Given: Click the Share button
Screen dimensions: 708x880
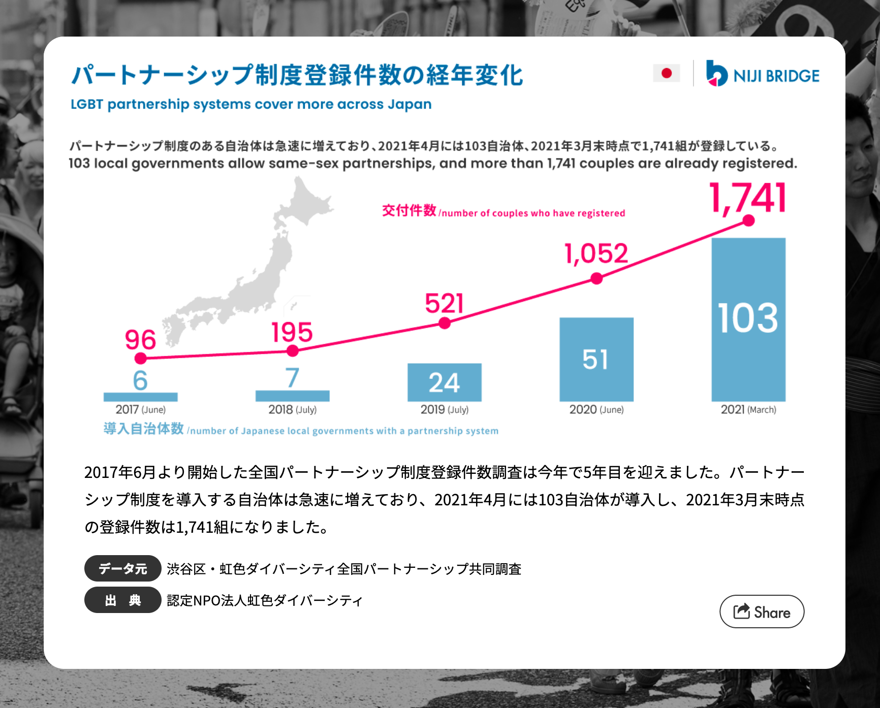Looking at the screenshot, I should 762,612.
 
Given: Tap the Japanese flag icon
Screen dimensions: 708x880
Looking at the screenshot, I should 667,74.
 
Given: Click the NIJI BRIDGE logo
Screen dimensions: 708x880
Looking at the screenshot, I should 763,74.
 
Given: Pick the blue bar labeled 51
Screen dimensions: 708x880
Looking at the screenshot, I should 596,359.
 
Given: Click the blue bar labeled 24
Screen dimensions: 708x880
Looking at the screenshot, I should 444,382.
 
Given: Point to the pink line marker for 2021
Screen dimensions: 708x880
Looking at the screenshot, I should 748,220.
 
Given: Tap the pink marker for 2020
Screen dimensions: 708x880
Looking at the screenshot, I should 596,279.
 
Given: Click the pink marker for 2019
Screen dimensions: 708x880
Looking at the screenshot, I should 445,323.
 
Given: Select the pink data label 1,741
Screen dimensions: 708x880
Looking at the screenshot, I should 747,199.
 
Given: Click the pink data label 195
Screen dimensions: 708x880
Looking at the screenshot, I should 292,333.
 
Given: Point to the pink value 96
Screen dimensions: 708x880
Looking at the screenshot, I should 140,340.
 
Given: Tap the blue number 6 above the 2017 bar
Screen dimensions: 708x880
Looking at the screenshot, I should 140,380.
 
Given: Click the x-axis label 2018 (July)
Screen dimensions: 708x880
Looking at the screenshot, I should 292,409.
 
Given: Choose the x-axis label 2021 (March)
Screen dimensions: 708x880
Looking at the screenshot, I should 748,409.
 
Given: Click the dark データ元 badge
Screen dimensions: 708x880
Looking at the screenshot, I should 122,568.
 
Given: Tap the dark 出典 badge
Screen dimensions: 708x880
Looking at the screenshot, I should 122,600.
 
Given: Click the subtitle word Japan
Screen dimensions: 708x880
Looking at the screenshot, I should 409,104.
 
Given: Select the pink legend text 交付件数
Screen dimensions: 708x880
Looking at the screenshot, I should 409,210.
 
